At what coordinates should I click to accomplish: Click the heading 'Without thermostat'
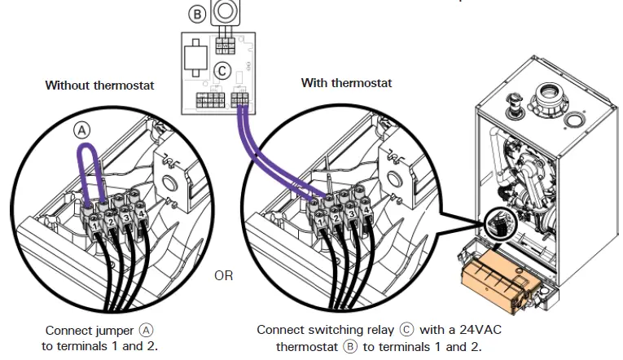pos(99,85)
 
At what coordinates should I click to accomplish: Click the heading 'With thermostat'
pos(346,83)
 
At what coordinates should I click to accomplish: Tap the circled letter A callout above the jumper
pos(83,129)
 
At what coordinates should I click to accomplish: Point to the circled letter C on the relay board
pos(220,72)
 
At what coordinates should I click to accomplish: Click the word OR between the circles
pos(224,275)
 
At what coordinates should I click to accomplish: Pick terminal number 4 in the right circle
pos(366,211)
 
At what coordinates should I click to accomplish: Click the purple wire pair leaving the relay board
pos(259,155)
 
